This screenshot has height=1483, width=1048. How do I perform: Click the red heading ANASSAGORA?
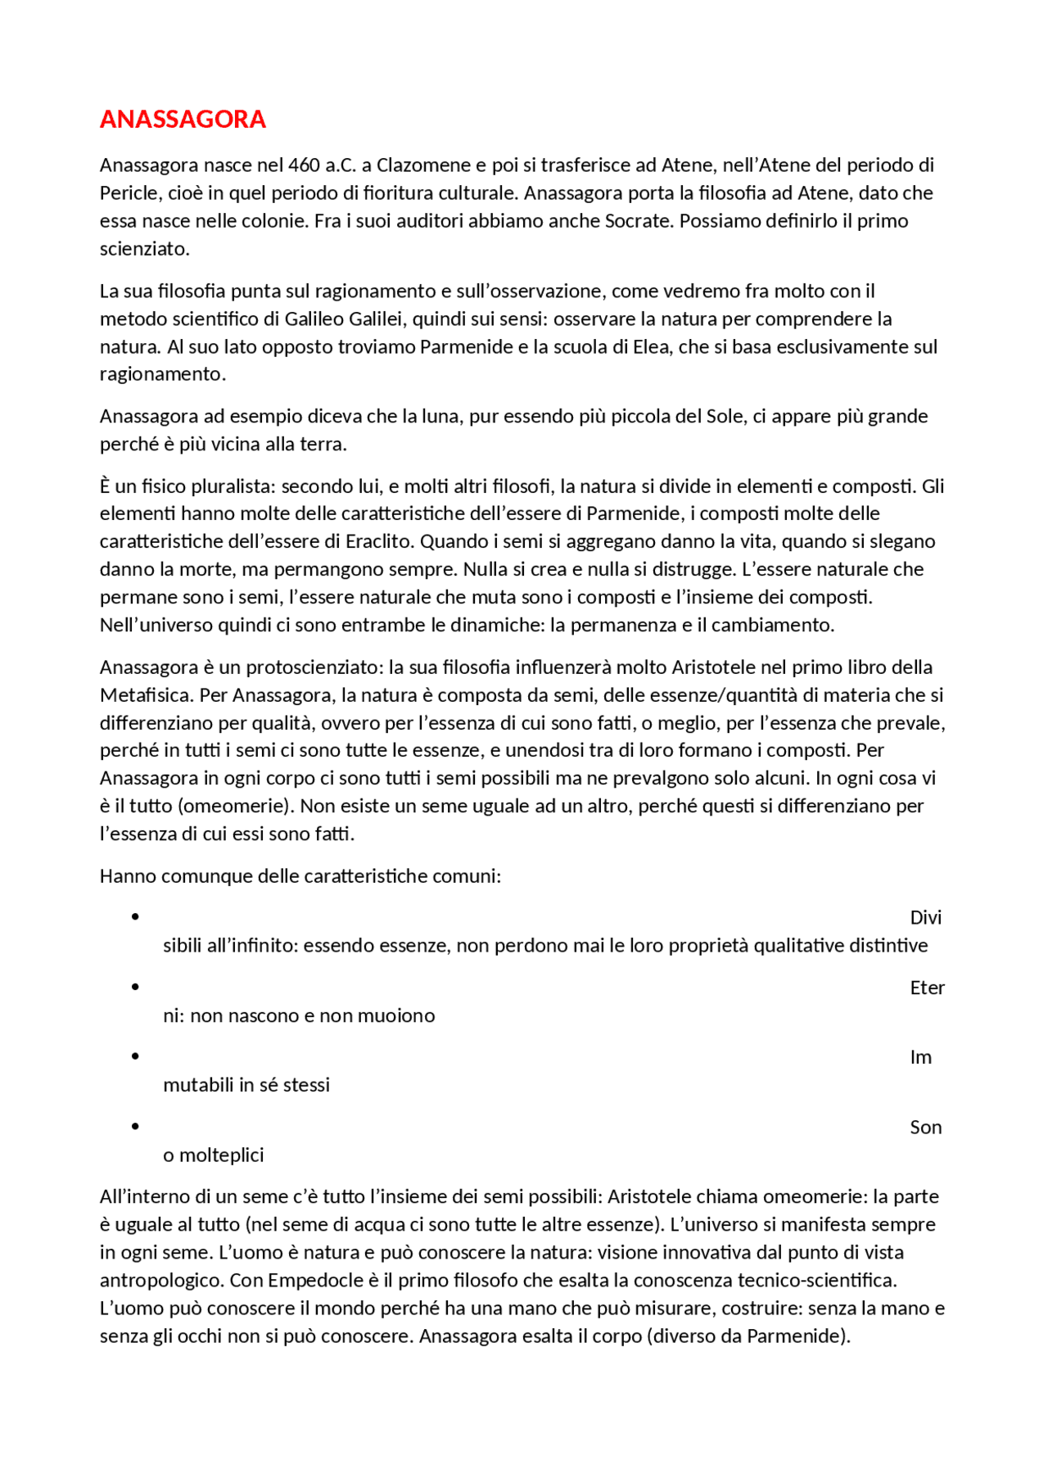coord(183,120)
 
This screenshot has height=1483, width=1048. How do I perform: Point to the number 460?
coord(304,165)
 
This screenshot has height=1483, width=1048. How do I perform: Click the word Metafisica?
coord(147,695)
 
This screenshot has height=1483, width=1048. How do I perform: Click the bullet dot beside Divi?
coord(135,916)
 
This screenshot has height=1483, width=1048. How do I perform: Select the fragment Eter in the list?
coord(927,988)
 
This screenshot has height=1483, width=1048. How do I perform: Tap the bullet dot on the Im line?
coord(135,1056)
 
